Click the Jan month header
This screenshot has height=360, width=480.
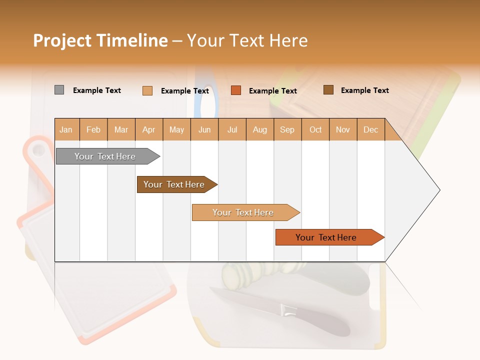pyautogui.click(x=66, y=129)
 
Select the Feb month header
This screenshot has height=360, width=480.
pyautogui.click(x=93, y=129)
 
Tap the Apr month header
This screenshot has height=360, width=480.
pyautogui.click(x=148, y=129)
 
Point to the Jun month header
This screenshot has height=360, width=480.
pyautogui.click(x=204, y=129)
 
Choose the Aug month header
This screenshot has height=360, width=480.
pyautogui.click(x=259, y=129)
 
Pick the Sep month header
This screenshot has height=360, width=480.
pyautogui.click(x=287, y=129)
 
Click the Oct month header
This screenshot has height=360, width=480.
pyautogui.click(x=315, y=129)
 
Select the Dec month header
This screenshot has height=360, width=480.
pyautogui.click(x=370, y=129)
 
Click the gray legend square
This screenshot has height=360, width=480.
pyautogui.click(x=59, y=90)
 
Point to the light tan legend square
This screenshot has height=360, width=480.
pyautogui.click(x=147, y=90)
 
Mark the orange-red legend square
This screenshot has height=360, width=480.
pyautogui.click(x=236, y=90)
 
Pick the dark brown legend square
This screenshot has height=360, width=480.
pyautogui.click(x=328, y=90)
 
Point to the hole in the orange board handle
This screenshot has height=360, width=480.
pyautogui.click(x=37, y=150)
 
